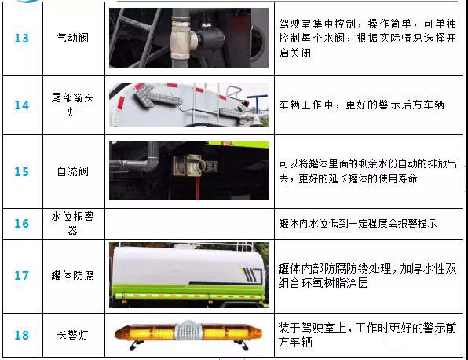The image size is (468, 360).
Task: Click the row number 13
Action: click(x=21, y=39)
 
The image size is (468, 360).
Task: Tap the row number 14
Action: click(x=21, y=105)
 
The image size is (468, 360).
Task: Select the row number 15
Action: click(x=21, y=171)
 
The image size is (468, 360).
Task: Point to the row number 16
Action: click(x=21, y=224)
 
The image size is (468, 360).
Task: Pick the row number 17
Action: click(x=21, y=276)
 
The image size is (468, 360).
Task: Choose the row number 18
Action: click(x=21, y=336)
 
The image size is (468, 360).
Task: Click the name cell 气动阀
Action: click(x=74, y=39)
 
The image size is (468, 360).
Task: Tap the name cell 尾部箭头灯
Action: click(x=74, y=105)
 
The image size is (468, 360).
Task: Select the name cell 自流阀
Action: click(x=74, y=171)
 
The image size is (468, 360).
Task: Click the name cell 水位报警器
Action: click(x=74, y=224)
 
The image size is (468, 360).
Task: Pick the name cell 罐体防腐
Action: click(x=74, y=276)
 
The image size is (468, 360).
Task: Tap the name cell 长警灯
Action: click(x=74, y=336)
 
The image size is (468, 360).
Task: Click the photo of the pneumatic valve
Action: click(x=188, y=38)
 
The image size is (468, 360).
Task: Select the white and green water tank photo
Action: click(x=188, y=275)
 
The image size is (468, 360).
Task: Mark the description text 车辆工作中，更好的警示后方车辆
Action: click(x=360, y=105)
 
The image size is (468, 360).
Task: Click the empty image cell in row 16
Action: click(x=188, y=224)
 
